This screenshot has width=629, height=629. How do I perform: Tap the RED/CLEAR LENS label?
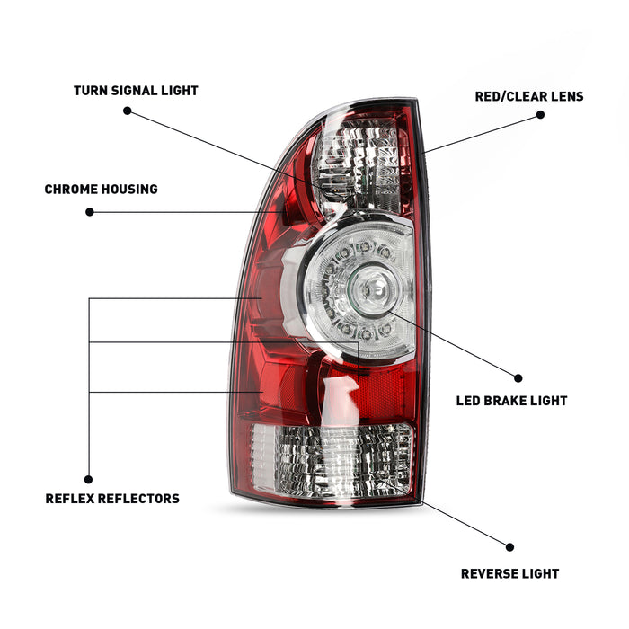tap(528, 96)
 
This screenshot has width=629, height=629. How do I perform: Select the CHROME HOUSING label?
tap(101, 190)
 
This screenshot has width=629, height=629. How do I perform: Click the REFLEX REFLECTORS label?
tap(112, 499)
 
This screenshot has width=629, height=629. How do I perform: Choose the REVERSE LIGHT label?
tap(509, 573)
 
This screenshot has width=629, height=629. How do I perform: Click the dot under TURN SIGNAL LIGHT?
tap(127, 111)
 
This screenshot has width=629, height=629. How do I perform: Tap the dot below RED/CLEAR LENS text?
tap(540, 114)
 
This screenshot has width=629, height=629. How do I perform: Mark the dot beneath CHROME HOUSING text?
tap(89, 212)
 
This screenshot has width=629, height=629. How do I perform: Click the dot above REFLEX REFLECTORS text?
tap(88, 480)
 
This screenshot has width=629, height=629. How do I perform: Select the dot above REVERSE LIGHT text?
tap(509, 546)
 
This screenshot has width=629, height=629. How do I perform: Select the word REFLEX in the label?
tap(69, 499)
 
